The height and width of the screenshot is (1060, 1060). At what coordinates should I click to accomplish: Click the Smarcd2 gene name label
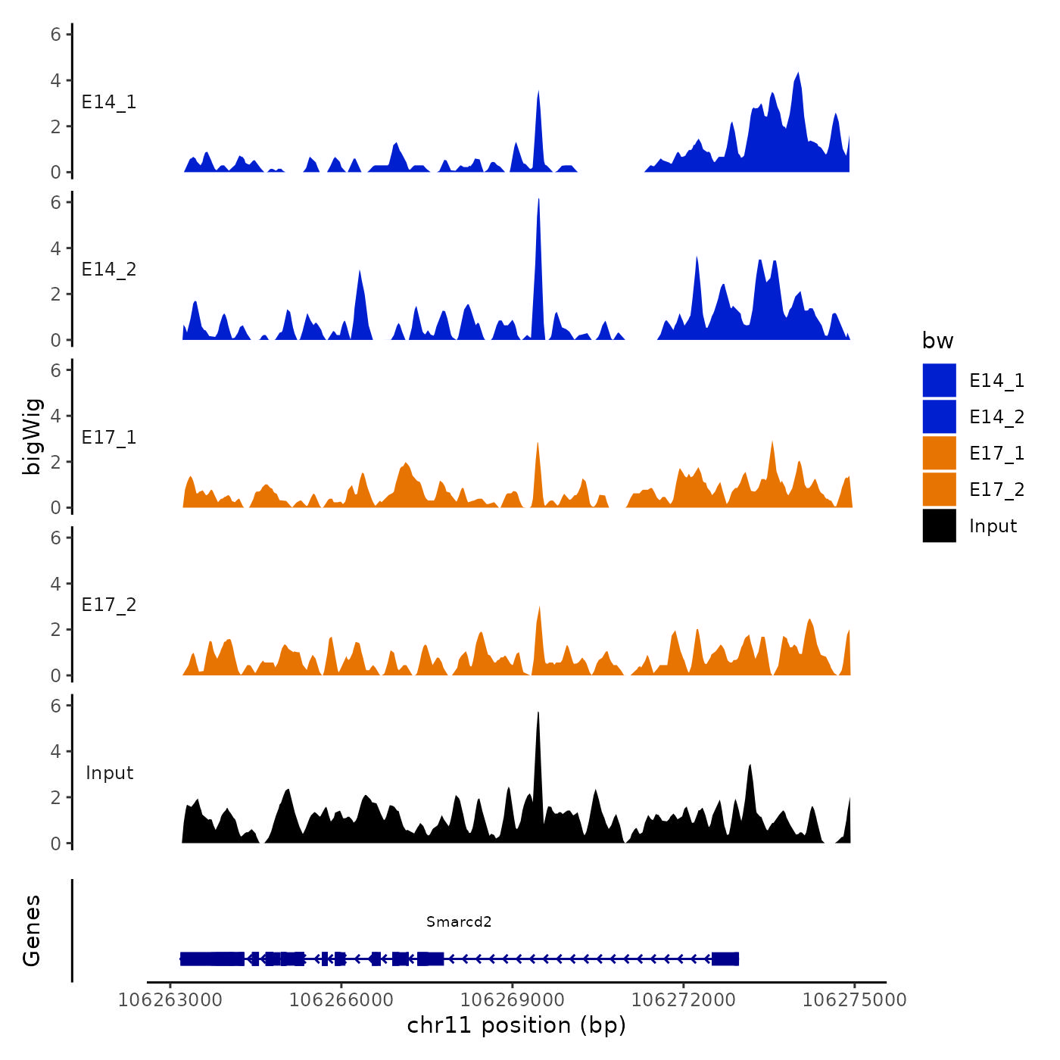459,921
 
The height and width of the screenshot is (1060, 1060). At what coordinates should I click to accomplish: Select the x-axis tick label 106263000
170,1000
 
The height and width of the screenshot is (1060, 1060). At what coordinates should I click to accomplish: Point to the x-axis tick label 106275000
854,1000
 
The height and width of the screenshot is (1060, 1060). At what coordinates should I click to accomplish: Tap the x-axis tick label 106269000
513,1000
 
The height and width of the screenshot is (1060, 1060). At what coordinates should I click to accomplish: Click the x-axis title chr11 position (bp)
516,1025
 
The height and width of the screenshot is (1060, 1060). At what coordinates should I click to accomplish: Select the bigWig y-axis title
32,436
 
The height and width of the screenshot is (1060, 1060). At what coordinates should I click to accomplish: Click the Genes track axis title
32,931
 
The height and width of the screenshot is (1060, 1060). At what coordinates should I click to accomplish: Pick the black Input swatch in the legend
939,525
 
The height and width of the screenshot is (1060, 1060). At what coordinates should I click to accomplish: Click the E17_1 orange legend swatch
939,453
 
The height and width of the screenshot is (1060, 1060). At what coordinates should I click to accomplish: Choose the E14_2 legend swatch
939,416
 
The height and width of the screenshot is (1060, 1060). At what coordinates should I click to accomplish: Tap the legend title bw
937,341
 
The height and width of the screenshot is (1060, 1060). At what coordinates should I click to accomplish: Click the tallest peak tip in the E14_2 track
538,199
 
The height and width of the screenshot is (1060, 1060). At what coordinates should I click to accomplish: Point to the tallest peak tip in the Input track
538,713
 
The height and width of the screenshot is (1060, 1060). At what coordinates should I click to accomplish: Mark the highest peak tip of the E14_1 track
798,73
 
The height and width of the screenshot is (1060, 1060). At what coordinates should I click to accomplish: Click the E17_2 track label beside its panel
109,605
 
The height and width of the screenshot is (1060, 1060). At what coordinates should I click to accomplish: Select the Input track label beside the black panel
109,773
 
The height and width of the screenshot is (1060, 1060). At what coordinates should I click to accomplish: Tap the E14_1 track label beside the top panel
109,102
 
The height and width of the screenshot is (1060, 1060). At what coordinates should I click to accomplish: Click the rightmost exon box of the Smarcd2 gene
725,959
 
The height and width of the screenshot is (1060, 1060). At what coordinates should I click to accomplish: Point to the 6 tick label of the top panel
56,34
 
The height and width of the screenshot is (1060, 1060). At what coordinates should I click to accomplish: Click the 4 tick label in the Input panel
56,751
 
